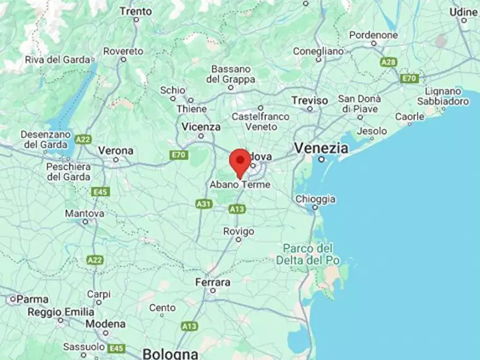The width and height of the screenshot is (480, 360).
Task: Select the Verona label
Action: tap(116, 150)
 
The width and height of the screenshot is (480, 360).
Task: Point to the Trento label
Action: tap(135, 11)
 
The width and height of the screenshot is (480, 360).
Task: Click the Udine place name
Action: tap(463, 12)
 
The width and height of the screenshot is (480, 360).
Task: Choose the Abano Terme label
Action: tap(240, 184)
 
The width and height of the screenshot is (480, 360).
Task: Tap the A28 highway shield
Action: tap(388, 62)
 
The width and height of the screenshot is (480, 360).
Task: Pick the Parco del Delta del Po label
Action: tap(308, 254)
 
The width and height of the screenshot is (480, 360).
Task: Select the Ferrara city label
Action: tap(213, 282)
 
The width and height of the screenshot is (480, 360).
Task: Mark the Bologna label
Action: tap(170, 354)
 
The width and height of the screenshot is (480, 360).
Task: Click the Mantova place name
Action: tap(84, 213)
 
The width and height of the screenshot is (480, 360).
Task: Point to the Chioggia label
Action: tap(316, 199)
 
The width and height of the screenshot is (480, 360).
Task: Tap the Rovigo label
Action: tap(239, 231)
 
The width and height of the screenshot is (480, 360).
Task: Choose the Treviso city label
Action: tap(310, 100)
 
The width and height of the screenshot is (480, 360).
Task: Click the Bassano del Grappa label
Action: tap(231, 74)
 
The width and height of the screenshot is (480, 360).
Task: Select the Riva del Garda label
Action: tap(57, 60)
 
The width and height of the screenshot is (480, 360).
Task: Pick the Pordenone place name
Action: tap(374, 35)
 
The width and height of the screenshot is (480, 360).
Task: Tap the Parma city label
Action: tap(32, 299)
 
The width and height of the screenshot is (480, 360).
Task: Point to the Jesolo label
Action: tap(372, 131)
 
